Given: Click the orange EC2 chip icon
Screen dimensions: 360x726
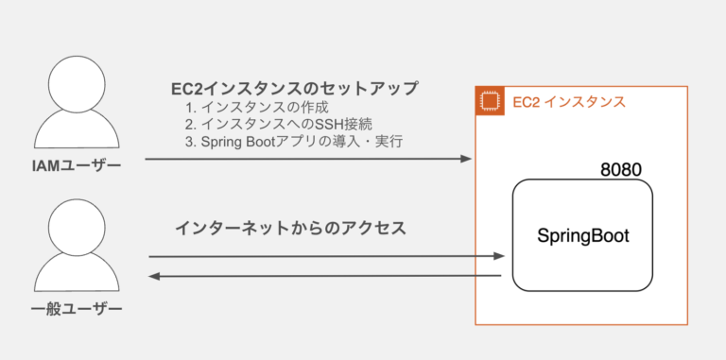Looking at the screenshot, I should click(x=489, y=101).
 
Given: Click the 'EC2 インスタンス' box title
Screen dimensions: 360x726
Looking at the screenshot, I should click(x=568, y=102).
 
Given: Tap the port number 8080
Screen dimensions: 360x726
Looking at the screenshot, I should click(x=621, y=170).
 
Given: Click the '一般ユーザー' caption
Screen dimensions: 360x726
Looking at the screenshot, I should click(x=77, y=310).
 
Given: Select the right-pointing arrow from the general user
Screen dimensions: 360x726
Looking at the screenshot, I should click(x=321, y=256).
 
